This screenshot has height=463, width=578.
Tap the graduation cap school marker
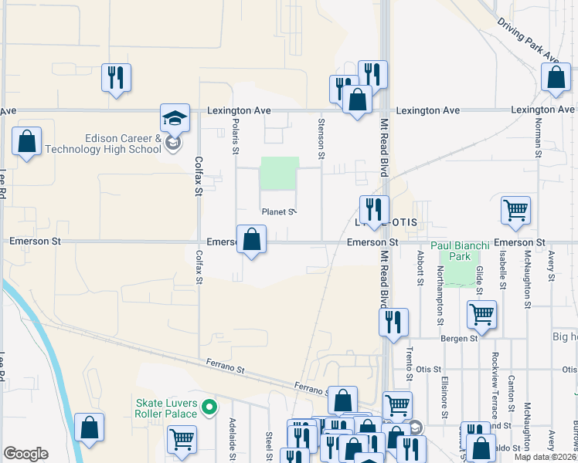pyautogui.click(x=175, y=119)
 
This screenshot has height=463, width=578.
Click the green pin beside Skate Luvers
pyautogui.click(x=208, y=407)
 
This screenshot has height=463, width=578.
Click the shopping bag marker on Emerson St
pyautogui.click(x=251, y=241)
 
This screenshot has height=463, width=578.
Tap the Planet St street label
pyautogui.click(x=278, y=211)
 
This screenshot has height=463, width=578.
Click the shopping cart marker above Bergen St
pyautogui.click(x=481, y=314)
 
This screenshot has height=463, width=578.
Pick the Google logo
pyautogui.click(x=25, y=454)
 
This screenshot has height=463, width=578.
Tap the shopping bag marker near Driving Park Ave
pyautogui.click(x=556, y=78)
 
